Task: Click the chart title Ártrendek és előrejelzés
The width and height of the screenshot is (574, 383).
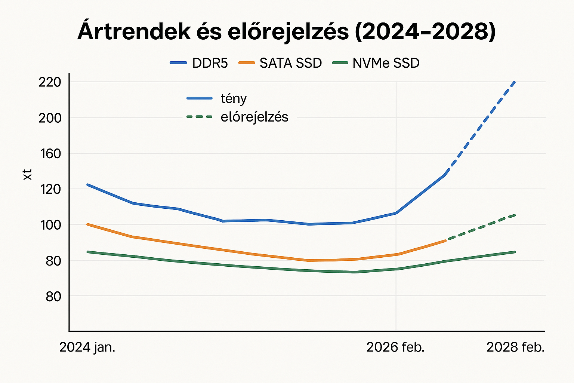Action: (x=286, y=32)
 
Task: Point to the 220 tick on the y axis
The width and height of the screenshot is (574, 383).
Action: (x=50, y=82)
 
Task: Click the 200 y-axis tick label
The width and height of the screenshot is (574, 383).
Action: (x=50, y=118)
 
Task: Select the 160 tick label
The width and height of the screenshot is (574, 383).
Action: (x=50, y=153)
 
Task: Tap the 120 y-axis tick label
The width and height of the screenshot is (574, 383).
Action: (x=50, y=189)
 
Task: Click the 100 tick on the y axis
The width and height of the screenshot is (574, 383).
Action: (x=50, y=225)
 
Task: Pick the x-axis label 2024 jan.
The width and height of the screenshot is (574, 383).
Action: (x=87, y=347)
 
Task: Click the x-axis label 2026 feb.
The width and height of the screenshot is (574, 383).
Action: (x=395, y=347)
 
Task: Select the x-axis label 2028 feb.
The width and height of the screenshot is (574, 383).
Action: (x=515, y=347)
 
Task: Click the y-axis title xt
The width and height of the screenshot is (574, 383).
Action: (x=28, y=175)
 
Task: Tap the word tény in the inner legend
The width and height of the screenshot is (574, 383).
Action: (x=234, y=98)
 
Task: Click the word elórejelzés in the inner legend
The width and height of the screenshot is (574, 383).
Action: (x=254, y=117)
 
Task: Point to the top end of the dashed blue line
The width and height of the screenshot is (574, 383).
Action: (x=515, y=82)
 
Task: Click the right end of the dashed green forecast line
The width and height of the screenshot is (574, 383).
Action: (x=515, y=215)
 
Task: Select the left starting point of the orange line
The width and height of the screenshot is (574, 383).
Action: (x=87, y=224)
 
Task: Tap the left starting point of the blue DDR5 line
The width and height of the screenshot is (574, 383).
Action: (x=87, y=184)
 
